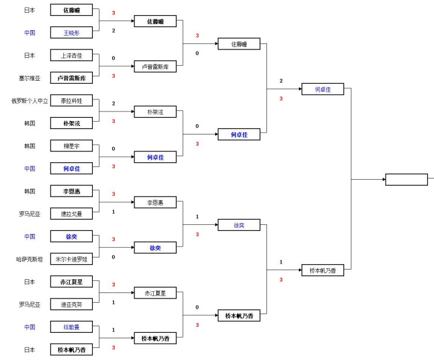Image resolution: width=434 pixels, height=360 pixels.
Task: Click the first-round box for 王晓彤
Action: click(x=72, y=33)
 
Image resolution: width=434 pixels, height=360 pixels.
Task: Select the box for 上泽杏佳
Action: click(x=72, y=55)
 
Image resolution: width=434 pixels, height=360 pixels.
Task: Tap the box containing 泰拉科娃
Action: click(x=72, y=101)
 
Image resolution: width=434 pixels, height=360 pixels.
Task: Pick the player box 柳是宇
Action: click(x=72, y=146)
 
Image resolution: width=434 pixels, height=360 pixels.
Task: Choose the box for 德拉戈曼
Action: click(x=72, y=213)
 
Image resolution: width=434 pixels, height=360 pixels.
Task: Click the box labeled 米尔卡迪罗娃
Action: click(x=72, y=259)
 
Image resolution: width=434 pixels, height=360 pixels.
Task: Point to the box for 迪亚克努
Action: click(x=72, y=305)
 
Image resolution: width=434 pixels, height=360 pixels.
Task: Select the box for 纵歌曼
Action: click(x=72, y=327)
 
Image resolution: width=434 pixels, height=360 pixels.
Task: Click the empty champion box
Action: click(x=406, y=180)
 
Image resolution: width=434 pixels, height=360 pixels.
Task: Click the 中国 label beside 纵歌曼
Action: click(x=30, y=327)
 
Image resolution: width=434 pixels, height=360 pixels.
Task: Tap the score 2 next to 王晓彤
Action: click(x=113, y=31)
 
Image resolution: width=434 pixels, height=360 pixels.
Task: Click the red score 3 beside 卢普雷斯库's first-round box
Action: click(x=113, y=76)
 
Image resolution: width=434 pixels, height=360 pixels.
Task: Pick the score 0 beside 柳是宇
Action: click(x=113, y=148)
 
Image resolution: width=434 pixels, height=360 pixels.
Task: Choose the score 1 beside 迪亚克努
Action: click(x=113, y=302)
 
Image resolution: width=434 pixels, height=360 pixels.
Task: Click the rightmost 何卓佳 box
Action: click(x=322, y=89)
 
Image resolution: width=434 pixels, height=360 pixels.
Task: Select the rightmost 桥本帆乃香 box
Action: click(x=322, y=271)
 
